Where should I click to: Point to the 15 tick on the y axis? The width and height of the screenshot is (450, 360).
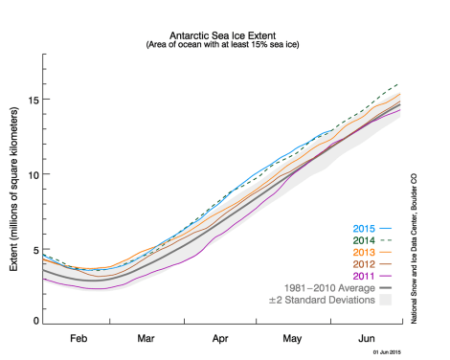(x=34, y=100)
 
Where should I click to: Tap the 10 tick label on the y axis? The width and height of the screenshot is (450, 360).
(x=34, y=174)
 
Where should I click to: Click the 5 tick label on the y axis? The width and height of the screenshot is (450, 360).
(x=36, y=249)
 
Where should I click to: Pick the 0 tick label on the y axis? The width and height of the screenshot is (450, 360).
(x=36, y=322)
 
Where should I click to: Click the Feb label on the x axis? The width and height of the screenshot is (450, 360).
(x=79, y=338)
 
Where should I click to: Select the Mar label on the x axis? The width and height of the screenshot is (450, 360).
(x=146, y=338)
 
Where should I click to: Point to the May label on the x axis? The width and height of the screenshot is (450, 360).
(x=293, y=338)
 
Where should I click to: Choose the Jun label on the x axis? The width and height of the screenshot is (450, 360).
(x=367, y=338)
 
